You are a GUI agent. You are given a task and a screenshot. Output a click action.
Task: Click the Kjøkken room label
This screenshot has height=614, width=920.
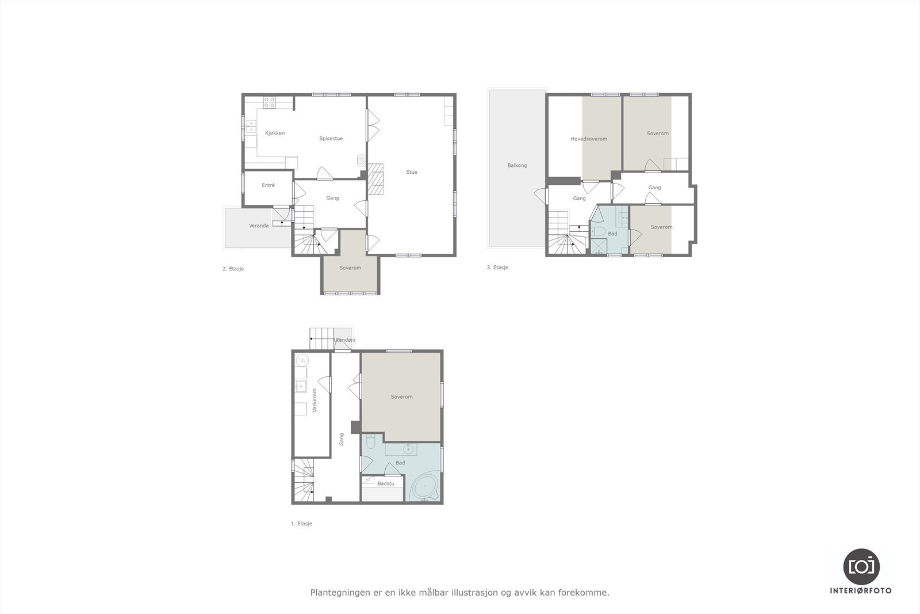tap(274, 133)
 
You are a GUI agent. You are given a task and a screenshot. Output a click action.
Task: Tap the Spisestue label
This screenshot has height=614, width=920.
tap(331, 139)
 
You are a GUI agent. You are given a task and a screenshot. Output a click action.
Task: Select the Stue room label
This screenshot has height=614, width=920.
tap(412, 172)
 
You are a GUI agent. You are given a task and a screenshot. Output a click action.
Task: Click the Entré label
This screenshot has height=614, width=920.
tap(268, 185)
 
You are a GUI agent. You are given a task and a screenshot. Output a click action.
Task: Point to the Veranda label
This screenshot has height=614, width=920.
tap(259, 226)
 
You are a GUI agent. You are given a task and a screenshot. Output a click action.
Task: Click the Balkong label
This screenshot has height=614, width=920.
tap(517, 165)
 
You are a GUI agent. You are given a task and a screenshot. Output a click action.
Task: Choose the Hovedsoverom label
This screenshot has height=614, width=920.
tap(589, 139)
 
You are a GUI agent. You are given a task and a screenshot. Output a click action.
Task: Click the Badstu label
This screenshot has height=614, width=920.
tap(386, 483)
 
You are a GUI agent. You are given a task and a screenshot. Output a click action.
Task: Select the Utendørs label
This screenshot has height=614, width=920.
tap(344, 340)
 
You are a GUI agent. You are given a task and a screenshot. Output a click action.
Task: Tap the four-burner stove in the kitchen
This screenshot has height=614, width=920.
tap(269, 102)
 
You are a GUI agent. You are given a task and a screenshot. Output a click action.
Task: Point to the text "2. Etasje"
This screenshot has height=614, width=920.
tap(233, 269)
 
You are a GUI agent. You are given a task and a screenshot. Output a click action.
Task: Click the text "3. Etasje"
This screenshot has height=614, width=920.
tap(497, 268)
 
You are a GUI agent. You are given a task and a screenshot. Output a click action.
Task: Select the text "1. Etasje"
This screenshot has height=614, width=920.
tap(301, 524)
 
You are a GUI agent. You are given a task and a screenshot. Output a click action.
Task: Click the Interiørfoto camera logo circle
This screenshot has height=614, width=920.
tap(861, 566)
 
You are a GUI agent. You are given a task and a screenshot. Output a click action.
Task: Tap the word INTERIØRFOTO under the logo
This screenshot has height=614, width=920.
tap(861, 591)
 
